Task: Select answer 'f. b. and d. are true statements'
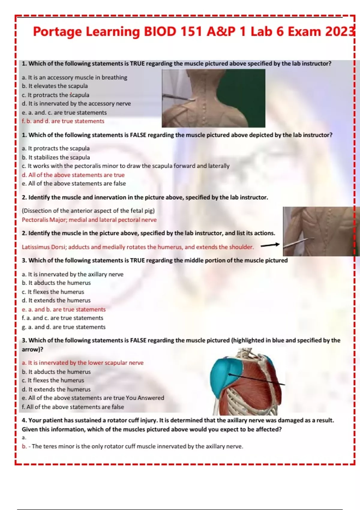pyautogui.click(x=63, y=121)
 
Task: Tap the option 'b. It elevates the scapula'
pyautogui.click(x=55, y=86)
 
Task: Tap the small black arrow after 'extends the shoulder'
pyautogui.click(x=270, y=245)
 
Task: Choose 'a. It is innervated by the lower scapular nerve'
pyautogui.click(x=82, y=363)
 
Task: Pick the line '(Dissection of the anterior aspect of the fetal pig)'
pyautogui.click(x=88, y=211)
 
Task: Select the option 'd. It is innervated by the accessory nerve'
pyautogui.click(x=76, y=104)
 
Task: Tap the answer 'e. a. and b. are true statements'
pyautogui.click(x=64, y=310)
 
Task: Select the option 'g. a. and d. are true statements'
pyautogui.click(x=64, y=327)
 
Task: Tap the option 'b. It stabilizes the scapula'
pyautogui.click(x=56, y=157)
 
